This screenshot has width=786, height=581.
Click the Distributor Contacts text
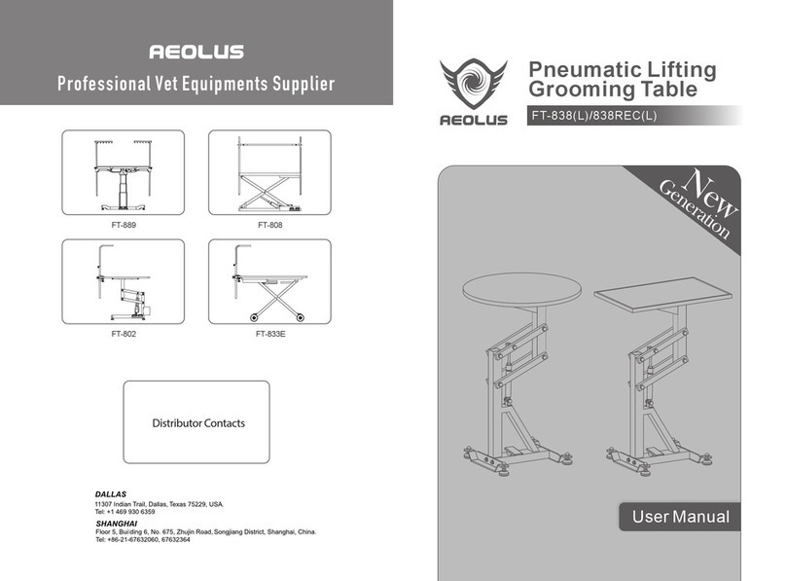tap(197, 423)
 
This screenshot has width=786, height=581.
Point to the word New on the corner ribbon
tap(710, 190)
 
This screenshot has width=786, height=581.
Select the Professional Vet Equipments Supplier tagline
tap(196, 84)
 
